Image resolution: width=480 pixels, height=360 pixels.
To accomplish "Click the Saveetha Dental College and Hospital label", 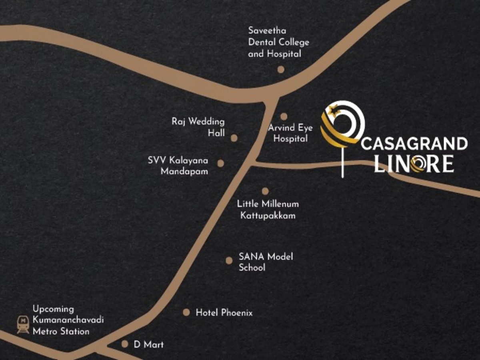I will (x=278, y=42).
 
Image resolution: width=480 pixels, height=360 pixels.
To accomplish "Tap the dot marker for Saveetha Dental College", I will (x=281, y=70).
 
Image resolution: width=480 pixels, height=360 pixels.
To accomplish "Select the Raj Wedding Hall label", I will (x=198, y=127).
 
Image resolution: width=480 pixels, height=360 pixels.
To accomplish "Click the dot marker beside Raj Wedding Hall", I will (x=234, y=138).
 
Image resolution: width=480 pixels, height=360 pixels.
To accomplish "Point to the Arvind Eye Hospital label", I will (x=290, y=133).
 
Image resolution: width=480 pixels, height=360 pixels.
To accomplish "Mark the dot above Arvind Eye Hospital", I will (x=284, y=116).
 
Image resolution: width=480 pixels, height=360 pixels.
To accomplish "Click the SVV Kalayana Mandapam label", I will (x=178, y=166).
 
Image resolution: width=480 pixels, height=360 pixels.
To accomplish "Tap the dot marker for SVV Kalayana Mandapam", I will (x=220, y=163).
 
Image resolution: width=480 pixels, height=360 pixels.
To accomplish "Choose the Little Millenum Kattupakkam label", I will (x=268, y=210).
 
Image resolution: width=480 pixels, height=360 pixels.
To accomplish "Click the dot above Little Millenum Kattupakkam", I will (x=265, y=191).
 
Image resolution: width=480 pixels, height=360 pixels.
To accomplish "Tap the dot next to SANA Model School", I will (x=229, y=261).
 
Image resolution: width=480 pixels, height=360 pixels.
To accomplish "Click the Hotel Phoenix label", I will (x=224, y=313).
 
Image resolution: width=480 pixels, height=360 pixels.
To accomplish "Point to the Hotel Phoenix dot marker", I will (x=186, y=312).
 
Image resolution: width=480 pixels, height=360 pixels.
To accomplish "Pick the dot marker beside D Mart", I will (x=125, y=344).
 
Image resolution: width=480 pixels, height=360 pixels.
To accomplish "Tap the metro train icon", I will (x=23, y=324).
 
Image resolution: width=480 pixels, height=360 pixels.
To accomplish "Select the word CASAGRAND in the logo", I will (x=414, y=144).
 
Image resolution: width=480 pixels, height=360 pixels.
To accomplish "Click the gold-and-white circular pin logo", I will (x=343, y=124).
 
